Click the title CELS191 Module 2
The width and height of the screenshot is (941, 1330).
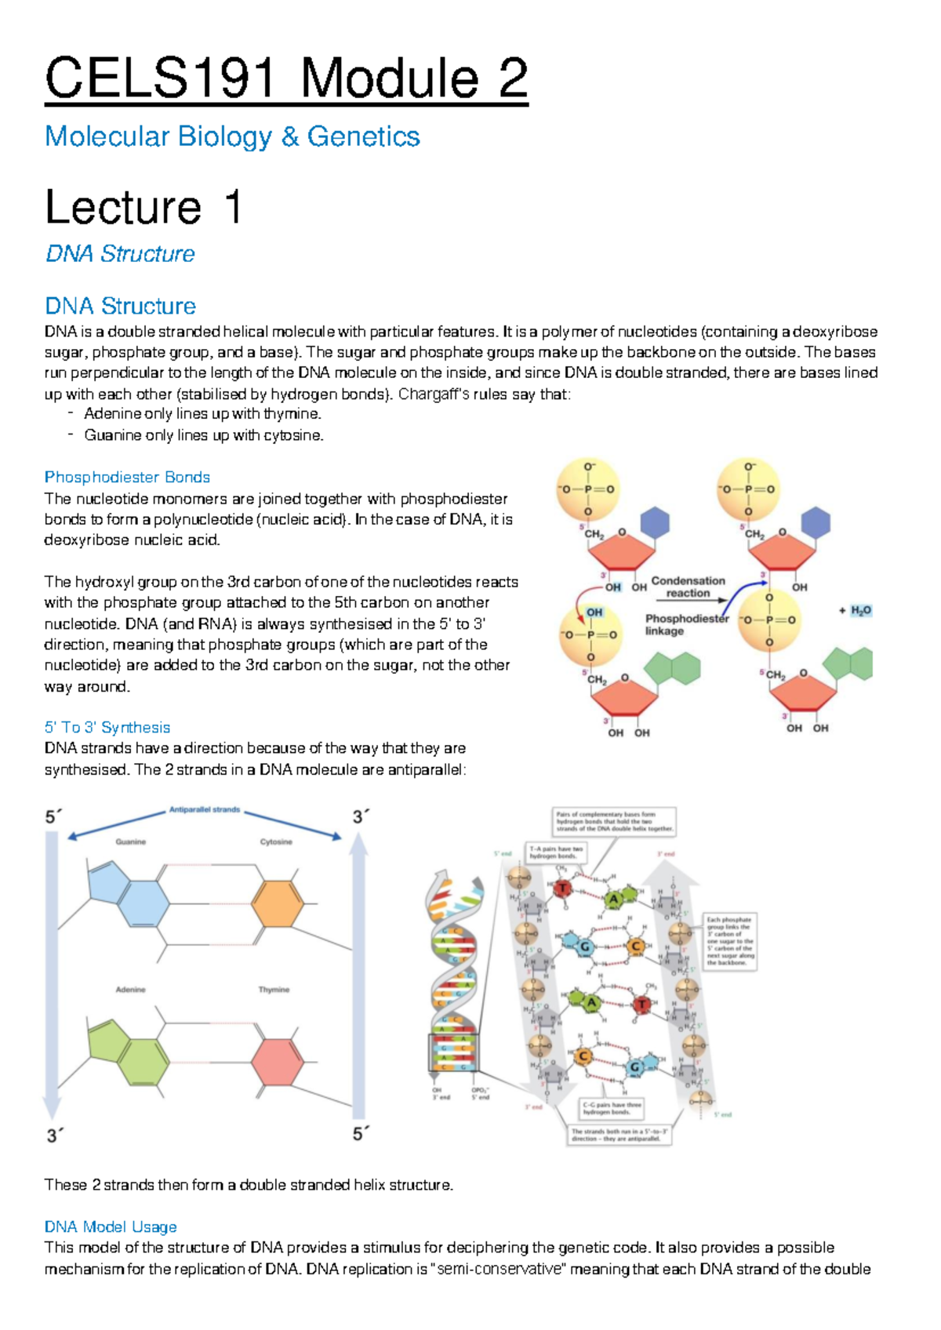[286, 78]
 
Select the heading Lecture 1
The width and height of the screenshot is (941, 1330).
[143, 208]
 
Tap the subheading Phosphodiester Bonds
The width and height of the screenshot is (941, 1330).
[127, 477]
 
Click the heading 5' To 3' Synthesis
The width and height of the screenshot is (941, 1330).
[107, 727]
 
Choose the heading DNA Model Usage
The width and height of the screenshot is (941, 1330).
[111, 1226]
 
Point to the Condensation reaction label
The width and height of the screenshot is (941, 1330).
[688, 587]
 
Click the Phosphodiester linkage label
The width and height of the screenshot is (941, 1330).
[686, 624]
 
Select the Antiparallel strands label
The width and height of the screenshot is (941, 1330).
[205, 809]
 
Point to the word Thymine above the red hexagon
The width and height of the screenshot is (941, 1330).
[274, 990]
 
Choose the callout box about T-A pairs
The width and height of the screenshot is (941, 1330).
[556, 852]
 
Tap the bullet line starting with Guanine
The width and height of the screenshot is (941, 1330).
[203, 435]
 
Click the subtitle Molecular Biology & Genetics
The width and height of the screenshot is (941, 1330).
[232, 136]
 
